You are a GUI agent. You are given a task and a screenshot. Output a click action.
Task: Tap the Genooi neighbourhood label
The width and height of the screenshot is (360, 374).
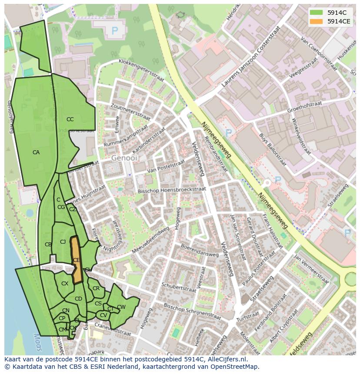point(124,158)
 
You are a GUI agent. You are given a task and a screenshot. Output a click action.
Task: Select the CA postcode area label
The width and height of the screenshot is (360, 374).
point(36,152)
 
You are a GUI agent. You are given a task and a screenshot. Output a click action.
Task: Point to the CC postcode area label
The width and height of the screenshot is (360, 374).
point(70,119)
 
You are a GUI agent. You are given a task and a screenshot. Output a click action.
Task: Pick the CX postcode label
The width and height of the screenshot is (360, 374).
point(65,284)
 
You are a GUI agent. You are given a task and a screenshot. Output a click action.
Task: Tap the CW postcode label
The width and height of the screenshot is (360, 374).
point(121,307)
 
